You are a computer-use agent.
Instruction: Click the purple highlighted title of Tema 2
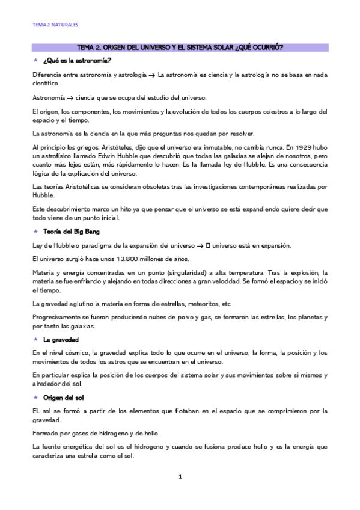point(180,47)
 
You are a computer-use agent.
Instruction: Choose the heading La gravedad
point(61,340)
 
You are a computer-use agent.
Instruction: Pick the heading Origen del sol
point(65,398)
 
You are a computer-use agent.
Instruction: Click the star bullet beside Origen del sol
point(35,398)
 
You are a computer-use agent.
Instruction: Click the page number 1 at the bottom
point(180,477)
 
